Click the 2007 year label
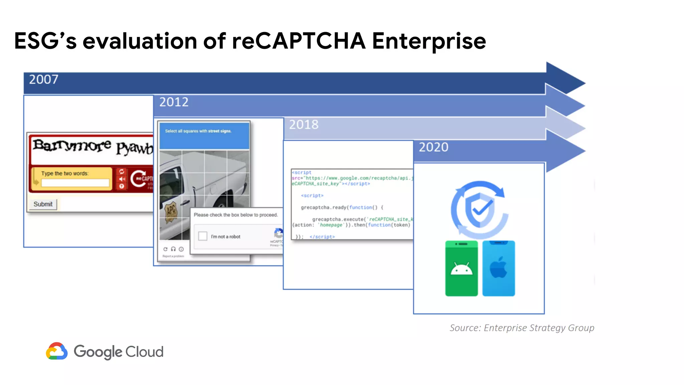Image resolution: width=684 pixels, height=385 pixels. (43, 80)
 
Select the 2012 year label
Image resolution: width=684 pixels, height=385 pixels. (174, 102)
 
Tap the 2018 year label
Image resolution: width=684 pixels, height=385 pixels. (304, 125)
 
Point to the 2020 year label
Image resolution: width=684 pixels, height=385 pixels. (434, 147)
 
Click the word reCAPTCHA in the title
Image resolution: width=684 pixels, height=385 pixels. (299, 41)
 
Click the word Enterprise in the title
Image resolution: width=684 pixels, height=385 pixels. (429, 41)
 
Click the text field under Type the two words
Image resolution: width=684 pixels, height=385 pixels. (75, 183)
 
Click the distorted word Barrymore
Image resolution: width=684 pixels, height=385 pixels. (72, 146)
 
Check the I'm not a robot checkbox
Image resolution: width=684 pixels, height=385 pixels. (203, 236)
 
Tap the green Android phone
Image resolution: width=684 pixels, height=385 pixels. (461, 268)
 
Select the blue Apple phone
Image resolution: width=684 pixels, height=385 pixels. (498, 268)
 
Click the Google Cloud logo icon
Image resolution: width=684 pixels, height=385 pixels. (57, 351)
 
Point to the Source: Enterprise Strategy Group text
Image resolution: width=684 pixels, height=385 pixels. (522, 328)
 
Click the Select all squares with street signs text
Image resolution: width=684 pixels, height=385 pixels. (198, 131)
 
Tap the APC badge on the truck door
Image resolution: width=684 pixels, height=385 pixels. (171, 211)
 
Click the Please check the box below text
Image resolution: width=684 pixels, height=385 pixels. (235, 215)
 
